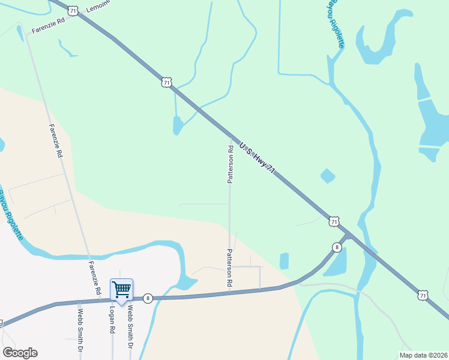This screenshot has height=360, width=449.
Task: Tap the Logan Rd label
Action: click(x=112, y=322)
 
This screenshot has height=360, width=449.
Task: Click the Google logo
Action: click(x=20, y=353)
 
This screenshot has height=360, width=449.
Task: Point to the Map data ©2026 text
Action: click(x=423, y=355)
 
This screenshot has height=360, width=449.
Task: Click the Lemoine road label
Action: click(x=99, y=7)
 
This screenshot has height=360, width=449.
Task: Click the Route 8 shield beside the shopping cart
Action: click(x=148, y=298)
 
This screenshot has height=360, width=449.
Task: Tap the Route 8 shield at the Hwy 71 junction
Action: click(x=337, y=247)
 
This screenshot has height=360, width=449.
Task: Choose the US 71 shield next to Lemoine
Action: click(x=73, y=11)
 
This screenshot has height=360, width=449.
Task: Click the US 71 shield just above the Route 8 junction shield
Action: click(x=334, y=222)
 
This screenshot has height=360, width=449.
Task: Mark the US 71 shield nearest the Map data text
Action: click(x=423, y=295)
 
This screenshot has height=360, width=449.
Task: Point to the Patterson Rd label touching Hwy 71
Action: click(x=230, y=163)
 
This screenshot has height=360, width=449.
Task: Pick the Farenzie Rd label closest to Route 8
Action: click(x=95, y=277)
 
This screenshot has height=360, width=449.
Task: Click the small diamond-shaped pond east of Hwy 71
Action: click(x=328, y=176)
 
